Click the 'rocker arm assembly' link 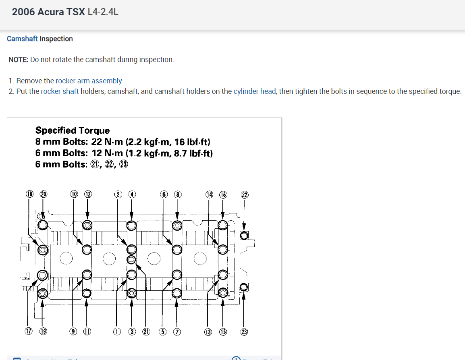[89, 81]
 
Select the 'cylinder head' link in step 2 [255, 91]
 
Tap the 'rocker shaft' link [60, 91]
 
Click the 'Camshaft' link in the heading [22, 39]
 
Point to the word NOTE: [19, 60]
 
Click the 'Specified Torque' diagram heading [73, 130]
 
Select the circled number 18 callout [30, 194]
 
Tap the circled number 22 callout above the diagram [244, 194]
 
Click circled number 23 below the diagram [244, 332]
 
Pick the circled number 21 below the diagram [146, 332]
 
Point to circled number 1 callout [117, 332]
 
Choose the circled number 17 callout [29, 332]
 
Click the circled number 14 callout [209, 194]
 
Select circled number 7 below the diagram [176, 332]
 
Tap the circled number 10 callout [74, 194]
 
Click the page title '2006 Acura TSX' [48, 12]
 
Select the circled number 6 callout [164, 194]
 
